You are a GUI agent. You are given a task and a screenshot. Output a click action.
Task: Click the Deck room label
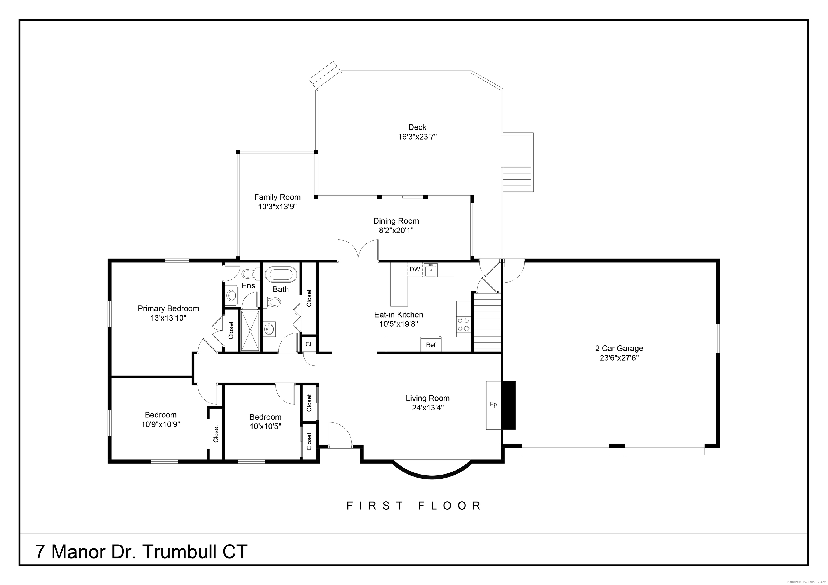[x=417, y=127]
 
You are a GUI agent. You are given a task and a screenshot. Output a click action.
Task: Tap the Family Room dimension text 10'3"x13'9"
[x=277, y=207]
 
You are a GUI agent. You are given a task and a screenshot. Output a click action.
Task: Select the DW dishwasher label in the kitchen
[x=415, y=269]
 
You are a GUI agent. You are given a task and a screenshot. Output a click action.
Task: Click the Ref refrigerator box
[x=431, y=344]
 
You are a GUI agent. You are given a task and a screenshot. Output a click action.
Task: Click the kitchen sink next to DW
[x=431, y=270]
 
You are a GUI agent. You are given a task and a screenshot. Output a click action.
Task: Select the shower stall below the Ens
[x=250, y=330]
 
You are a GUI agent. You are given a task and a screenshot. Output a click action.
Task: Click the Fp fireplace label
[x=493, y=405]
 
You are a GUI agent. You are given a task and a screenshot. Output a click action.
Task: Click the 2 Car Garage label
[x=619, y=348]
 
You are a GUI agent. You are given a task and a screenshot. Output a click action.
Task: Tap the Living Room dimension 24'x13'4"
[x=428, y=408]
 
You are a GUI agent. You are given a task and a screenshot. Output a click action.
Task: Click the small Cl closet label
[x=308, y=344]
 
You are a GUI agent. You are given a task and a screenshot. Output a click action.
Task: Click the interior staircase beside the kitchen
[x=487, y=322]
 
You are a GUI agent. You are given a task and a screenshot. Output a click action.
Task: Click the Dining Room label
[x=396, y=221]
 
